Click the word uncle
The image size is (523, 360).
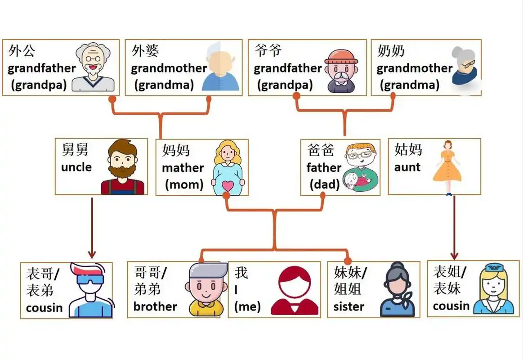(x=76, y=167)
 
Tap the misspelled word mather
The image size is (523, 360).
(x=183, y=168)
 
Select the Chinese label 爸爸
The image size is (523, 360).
(x=321, y=150)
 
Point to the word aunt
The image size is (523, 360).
(x=407, y=167)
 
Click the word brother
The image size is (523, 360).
(x=155, y=307)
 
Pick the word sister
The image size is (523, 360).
(x=349, y=307)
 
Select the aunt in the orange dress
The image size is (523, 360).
(x=447, y=167)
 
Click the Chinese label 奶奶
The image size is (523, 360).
(x=391, y=51)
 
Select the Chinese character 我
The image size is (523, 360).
(x=241, y=272)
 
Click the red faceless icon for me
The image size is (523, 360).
(x=295, y=290)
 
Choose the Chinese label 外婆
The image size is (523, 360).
(x=145, y=51)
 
